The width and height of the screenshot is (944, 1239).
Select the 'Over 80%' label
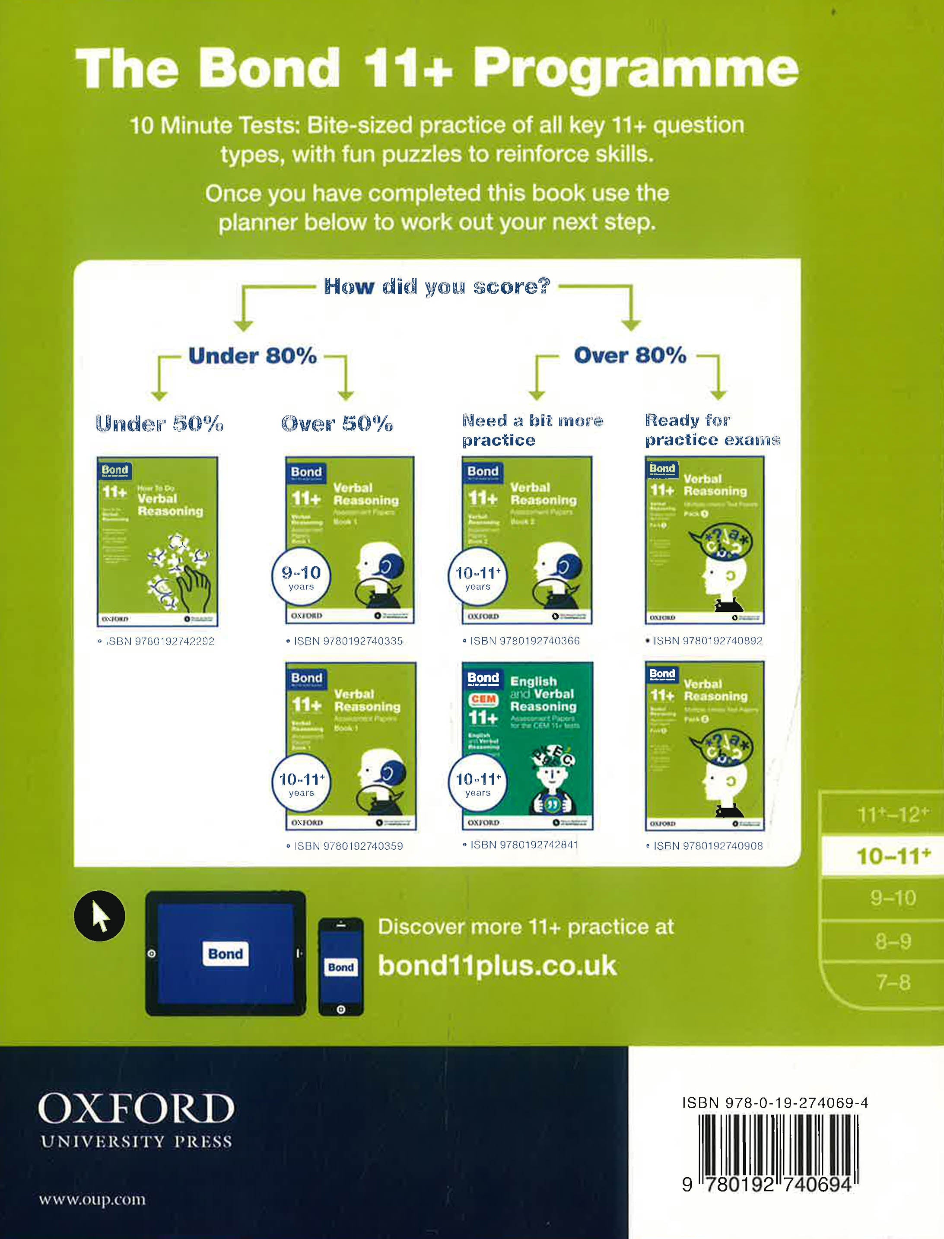click(629, 355)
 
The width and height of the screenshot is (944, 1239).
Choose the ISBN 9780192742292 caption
click(156, 641)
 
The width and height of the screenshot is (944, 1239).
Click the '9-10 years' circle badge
click(301, 577)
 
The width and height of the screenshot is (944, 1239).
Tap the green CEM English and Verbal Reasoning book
click(527, 746)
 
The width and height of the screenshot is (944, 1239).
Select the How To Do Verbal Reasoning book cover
click(157, 541)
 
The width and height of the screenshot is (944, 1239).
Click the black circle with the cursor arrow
click(99, 916)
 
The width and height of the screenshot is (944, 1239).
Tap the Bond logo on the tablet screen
click(226, 953)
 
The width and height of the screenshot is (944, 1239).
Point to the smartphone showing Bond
click(340, 966)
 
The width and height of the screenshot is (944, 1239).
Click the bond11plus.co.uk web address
click(497, 966)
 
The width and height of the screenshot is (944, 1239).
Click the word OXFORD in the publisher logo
click(136, 1109)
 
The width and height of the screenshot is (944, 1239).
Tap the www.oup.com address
click(92, 1200)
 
